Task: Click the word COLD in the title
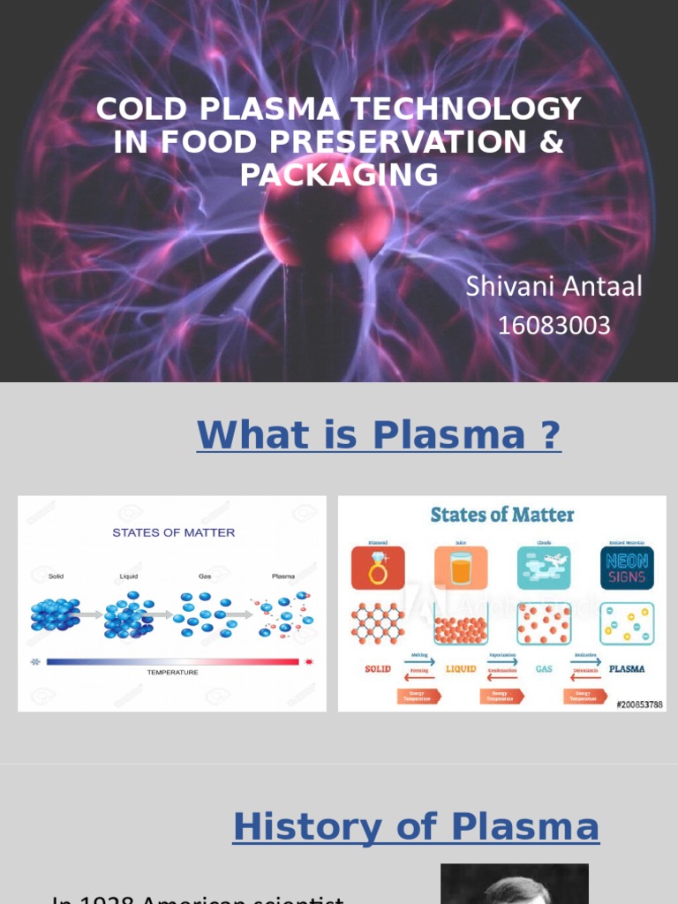131,109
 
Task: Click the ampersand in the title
552,142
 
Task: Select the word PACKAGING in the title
339,175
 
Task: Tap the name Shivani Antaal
554,286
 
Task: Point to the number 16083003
554,326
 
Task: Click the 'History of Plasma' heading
416,827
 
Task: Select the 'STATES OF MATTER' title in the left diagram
173,532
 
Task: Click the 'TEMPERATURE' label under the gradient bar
172,673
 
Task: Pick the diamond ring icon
378,568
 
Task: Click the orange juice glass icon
461,568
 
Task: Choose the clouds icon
544,568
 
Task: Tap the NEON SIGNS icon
627,568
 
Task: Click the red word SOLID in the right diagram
378,669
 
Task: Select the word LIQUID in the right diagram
460,669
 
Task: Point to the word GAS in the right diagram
543,669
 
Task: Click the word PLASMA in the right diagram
627,669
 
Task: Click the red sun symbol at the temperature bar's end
309,660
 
